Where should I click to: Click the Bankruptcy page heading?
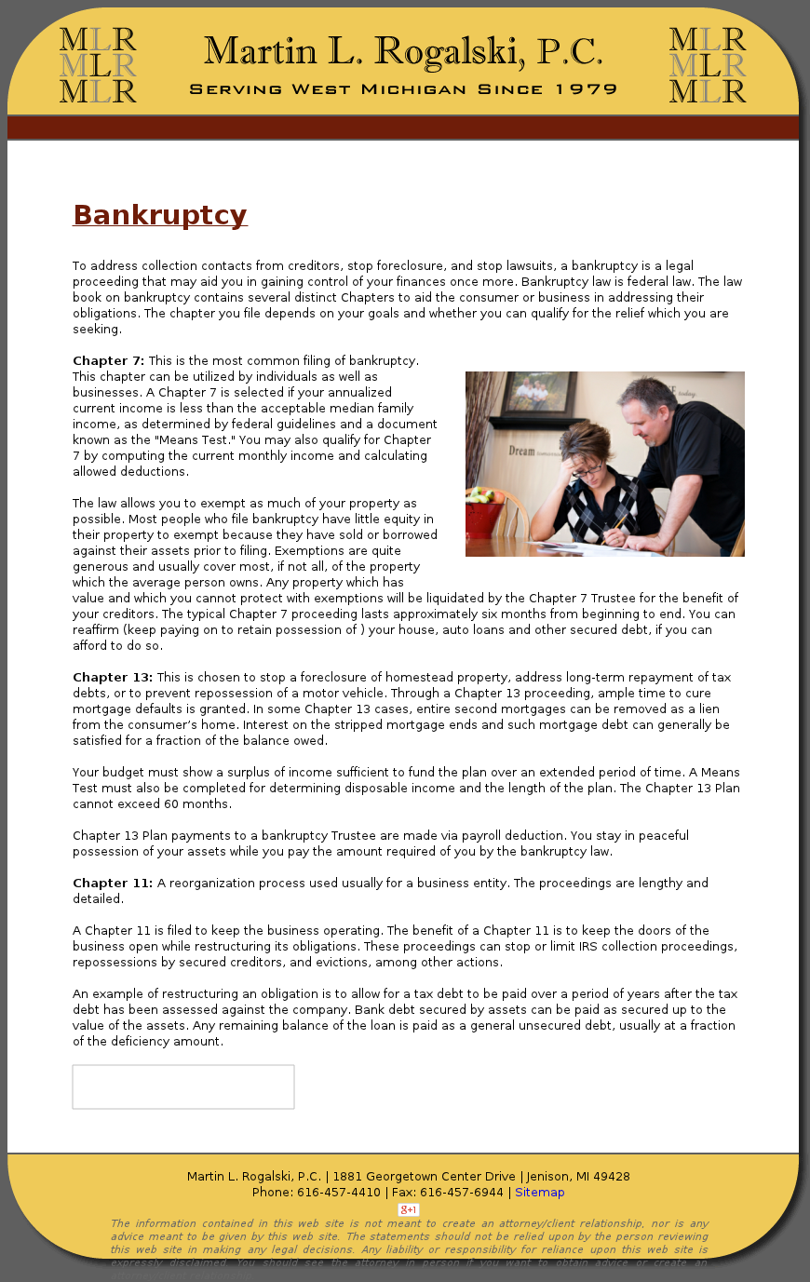pos(160,215)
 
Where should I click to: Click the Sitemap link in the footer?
pos(540,1193)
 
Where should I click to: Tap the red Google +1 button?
pos(409,1209)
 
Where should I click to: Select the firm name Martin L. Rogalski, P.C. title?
pos(403,51)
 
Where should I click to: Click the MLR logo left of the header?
pos(98,65)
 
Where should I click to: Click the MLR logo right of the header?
pos(708,65)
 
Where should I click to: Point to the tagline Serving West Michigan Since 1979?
pos(403,90)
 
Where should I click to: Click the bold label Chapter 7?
pos(108,361)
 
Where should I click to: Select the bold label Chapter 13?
pos(113,678)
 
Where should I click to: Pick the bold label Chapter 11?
pos(113,884)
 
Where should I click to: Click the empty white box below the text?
pos(183,1086)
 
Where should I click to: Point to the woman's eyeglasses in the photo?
pos(587,470)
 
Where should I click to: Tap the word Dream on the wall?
pos(522,451)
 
